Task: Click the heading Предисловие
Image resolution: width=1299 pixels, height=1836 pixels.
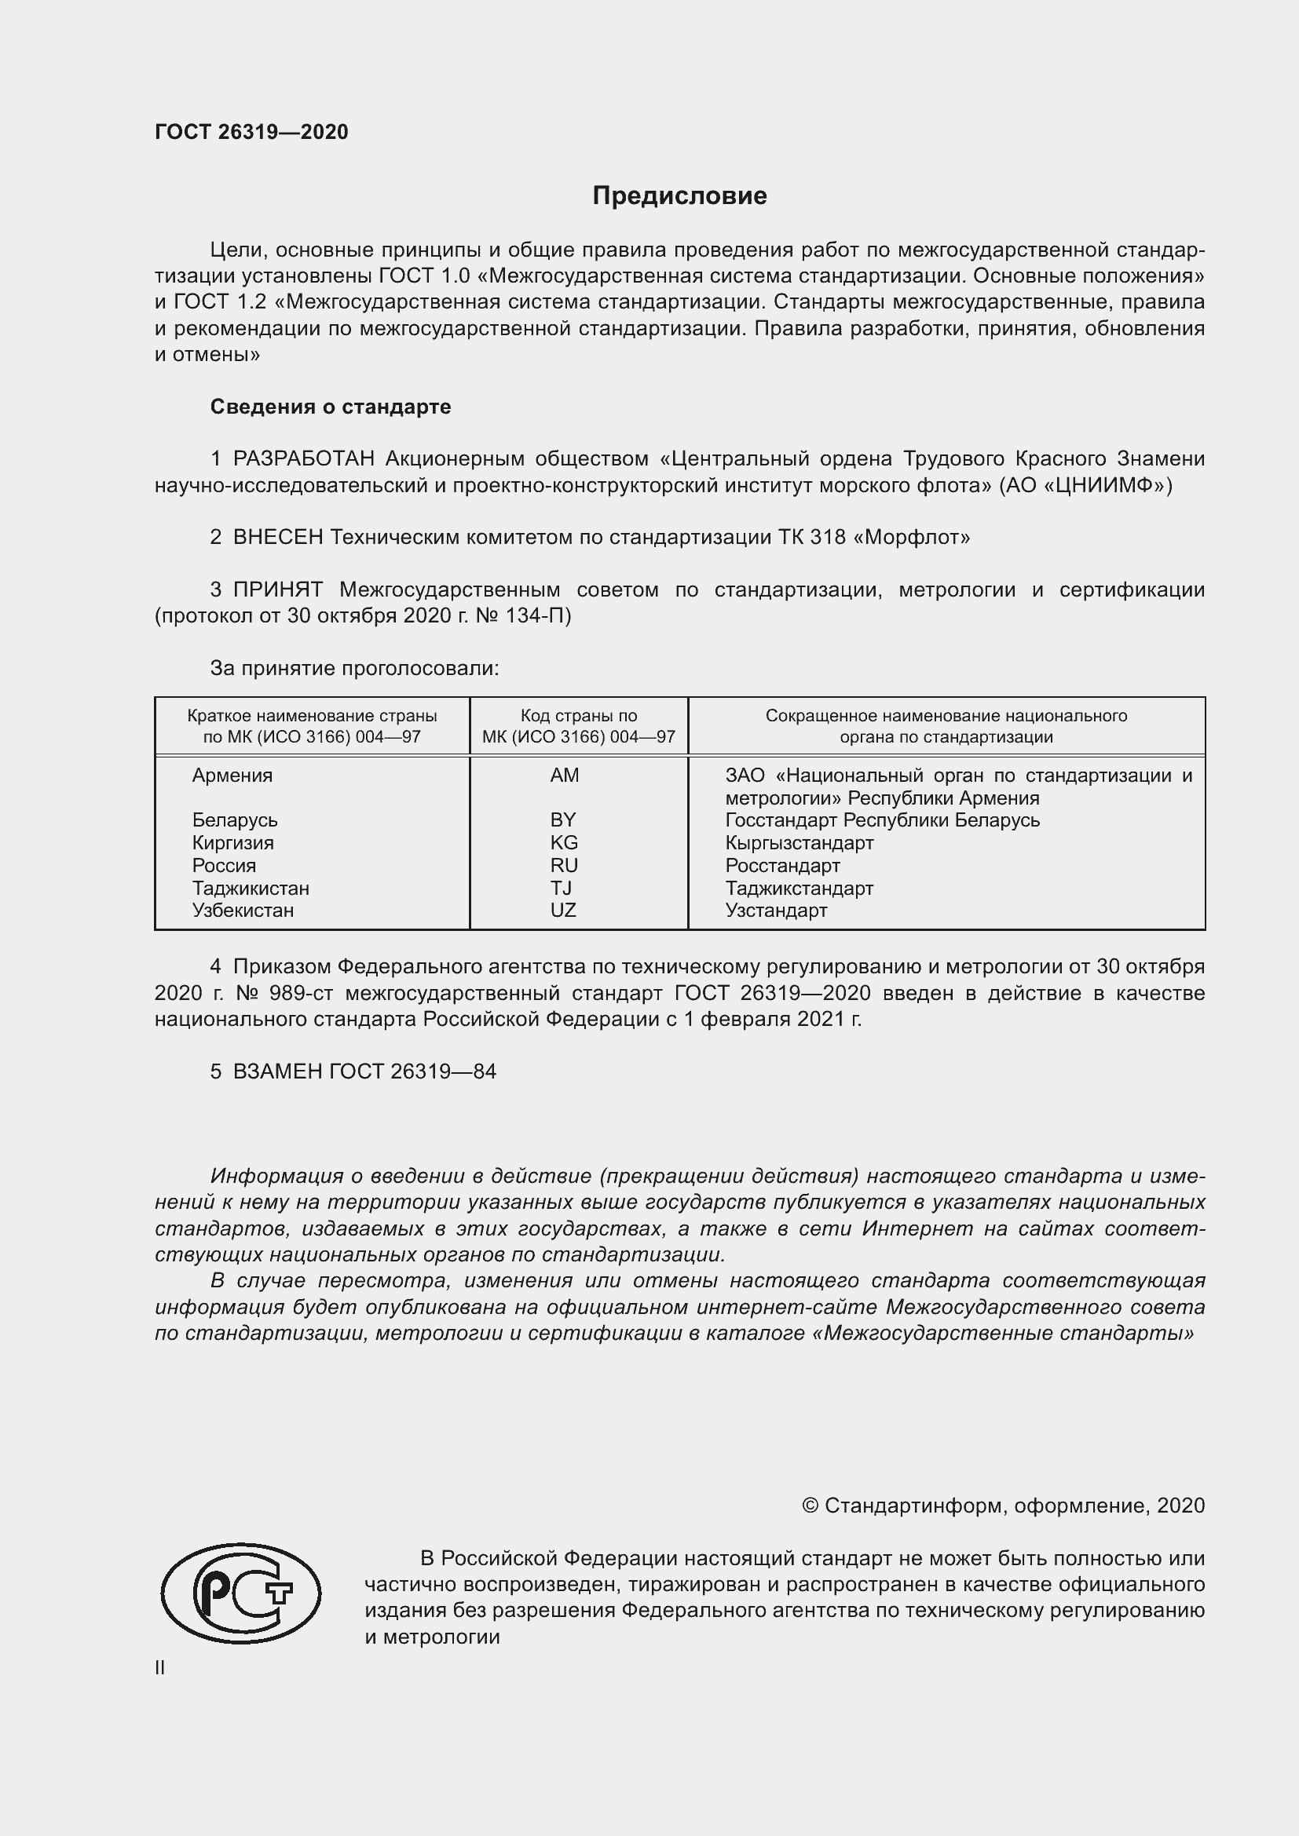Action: (x=679, y=196)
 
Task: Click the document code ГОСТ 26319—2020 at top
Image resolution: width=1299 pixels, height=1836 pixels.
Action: (x=251, y=132)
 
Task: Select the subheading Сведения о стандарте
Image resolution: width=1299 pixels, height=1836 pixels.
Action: (x=331, y=407)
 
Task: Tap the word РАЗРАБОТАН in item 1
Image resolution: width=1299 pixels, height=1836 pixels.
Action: (x=304, y=459)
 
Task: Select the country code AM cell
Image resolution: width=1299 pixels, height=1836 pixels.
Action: (x=564, y=776)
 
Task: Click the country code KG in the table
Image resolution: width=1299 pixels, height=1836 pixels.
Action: (x=564, y=843)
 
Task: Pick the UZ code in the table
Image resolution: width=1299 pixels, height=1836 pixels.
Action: (x=563, y=910)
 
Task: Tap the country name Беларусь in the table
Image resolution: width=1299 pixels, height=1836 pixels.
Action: (x=234, y=820)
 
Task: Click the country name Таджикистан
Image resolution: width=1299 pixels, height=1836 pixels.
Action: (x=251, y=889)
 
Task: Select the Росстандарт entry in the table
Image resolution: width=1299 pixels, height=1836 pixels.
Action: (x=782, y=866)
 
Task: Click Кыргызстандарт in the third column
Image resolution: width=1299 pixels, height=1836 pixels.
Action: (x=799, y=843)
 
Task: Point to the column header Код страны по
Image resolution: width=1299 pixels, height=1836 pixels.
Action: (x=578, y=716)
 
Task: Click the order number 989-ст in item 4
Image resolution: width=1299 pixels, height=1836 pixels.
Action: (x=295, y=993)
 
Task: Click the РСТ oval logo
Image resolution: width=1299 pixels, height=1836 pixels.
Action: (x=241, y=1593)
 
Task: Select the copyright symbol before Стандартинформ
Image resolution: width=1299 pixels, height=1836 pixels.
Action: (x=810, y=1506)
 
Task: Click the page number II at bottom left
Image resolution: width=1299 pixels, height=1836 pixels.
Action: (x=160, y=1668)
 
